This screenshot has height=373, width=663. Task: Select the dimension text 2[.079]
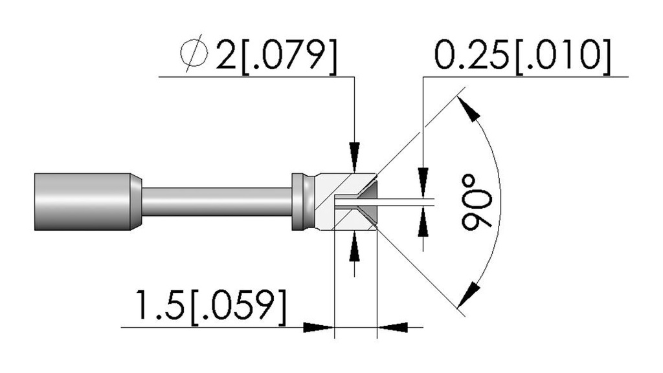(x=277, y=56)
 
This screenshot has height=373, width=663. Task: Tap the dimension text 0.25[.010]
(x=523, y=56)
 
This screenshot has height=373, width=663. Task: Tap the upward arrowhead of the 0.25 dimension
(x=423, y=222)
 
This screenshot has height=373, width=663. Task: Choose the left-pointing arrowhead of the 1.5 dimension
(x=392, y=327)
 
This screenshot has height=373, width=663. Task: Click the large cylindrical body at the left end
(x=82, y=202)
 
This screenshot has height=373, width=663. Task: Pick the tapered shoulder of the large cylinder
(x=136, y=202)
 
